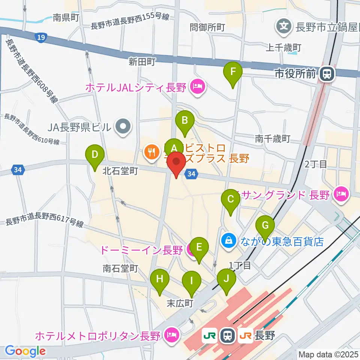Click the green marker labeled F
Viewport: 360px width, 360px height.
(x=233, y=71)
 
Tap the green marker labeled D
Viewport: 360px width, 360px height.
(x=95, y=154)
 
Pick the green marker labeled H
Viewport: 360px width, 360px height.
(x=160, y=279)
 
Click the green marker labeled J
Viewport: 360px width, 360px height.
(x=226, y=279)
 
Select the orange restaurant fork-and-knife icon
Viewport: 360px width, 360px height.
(x=151, y=152)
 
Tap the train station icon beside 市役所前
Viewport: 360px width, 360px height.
(x=327, y=74)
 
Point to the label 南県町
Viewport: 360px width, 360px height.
(x=66, y=18)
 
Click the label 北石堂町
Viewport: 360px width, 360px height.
(x=120, y=171)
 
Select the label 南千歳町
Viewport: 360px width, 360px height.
(x=273, y=139)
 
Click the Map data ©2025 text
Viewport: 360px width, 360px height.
(x=328, y=354)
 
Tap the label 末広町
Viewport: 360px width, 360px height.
(x=180, y=303)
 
